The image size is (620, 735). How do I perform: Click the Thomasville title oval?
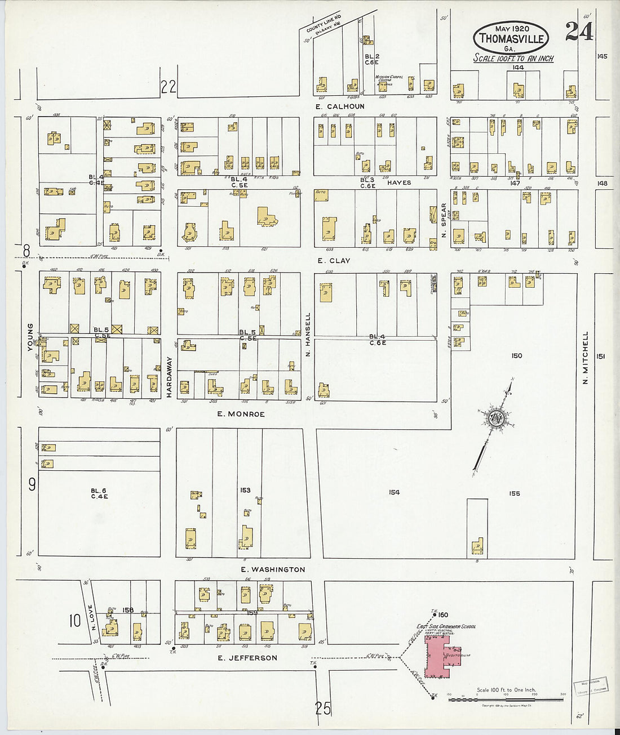[x=511, y=38]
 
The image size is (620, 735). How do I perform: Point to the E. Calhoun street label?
[x=340, y=106]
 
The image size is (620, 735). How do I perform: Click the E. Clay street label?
[x=333, y=261]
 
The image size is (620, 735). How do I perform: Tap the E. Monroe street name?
[x=241, y=414]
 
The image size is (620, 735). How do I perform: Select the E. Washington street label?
[x=273, y=569]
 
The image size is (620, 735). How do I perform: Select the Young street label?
[x=30, y=337]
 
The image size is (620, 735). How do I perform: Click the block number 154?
[x=394, y=492]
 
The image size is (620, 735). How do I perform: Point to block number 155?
[x=514, y=493]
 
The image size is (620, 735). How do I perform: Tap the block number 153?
[x=245, y=491]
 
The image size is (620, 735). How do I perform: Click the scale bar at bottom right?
[x=506, y=699]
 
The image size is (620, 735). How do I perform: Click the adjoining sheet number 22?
[x=169, y=87]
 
